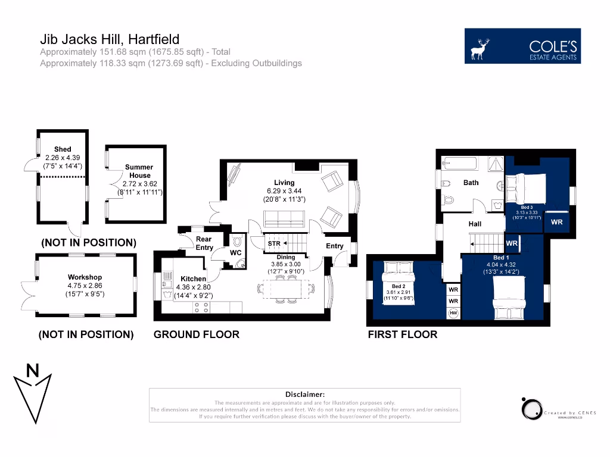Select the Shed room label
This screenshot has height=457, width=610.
coord(63,149)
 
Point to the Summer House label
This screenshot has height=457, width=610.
coord(139,171)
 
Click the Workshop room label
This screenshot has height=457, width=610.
coord(84,277)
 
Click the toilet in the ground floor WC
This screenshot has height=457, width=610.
coord(237,242)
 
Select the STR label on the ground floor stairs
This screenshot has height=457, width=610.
coord(274,244)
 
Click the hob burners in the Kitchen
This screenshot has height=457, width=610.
coord(201,307)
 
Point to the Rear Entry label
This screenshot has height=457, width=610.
coord(204,243)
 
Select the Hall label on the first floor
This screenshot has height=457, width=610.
coord(475,224)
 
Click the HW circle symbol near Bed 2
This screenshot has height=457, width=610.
coord(453,314)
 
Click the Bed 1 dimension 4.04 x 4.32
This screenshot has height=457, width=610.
coord(500,265)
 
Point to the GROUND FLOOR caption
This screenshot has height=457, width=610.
coord(197,334)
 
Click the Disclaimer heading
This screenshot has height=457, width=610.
coord(305,394)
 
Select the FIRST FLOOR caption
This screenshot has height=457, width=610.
coord(403,334)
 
